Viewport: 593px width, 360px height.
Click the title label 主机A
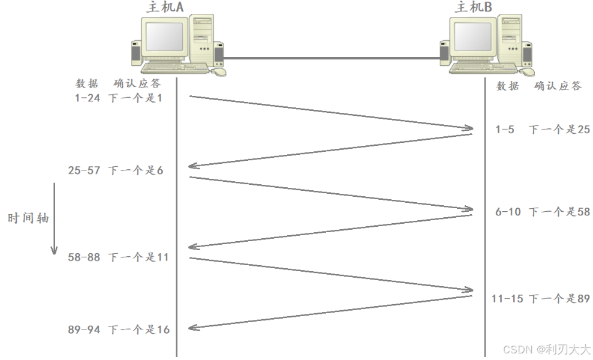pos(165,7)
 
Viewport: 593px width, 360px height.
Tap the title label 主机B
pos(474,7)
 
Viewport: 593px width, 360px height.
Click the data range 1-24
pos(88,98)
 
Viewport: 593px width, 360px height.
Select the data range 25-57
pos(85,170)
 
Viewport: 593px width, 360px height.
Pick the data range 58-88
pos(85,257)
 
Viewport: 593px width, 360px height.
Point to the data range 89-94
pos(85,329)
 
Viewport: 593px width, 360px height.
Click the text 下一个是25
pos(559,129)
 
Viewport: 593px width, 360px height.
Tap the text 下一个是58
pos(559,212)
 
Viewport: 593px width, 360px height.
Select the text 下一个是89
pos(559,299)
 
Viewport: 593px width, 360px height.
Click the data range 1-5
pos(505,129)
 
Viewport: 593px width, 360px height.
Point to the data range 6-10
pos(508,212)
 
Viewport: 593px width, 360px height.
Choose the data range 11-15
pos(507,299)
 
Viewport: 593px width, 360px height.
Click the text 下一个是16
pos(139,329)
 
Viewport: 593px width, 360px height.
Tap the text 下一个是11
pos(139,257)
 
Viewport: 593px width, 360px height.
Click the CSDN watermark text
pos(546,349)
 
